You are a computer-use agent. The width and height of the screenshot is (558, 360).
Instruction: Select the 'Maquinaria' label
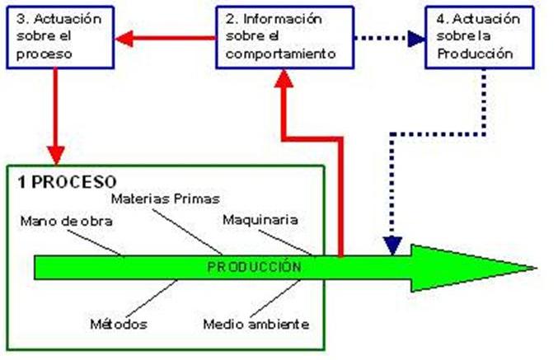click(x=260, y=220)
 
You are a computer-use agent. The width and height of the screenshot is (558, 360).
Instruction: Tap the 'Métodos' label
click(x=119, y=324)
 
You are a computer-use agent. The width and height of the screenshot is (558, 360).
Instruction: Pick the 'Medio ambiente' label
click(x=256, y=324)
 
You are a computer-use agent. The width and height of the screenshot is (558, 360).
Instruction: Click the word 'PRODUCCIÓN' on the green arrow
click(x=254, y=267)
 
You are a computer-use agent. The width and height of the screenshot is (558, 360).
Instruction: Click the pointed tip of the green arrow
click(x=532, y=268)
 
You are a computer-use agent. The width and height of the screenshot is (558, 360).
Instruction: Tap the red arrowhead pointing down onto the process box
click(x=55, y=154)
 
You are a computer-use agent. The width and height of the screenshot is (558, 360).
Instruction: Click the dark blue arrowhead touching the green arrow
click(x=393, y=245)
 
